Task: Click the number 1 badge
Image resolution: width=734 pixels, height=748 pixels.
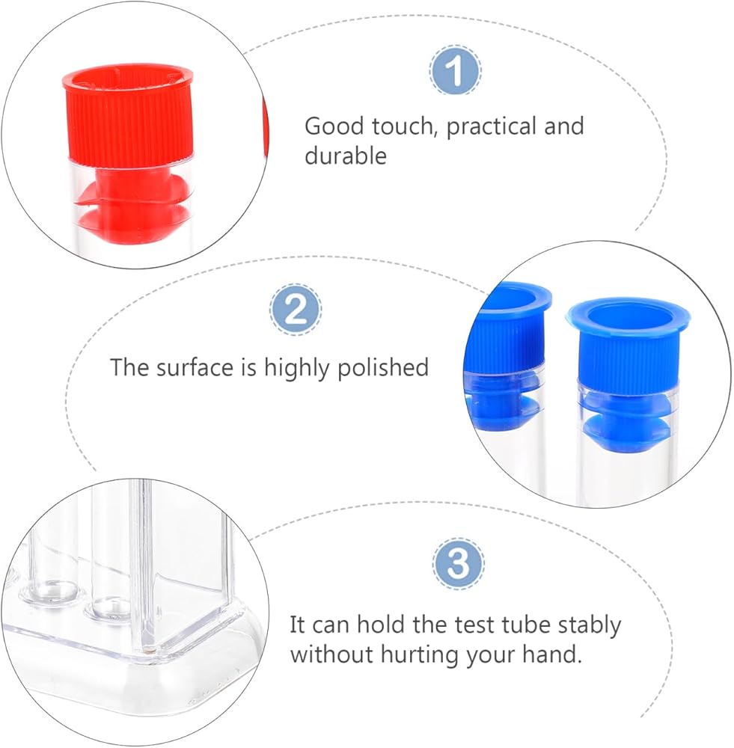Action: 456,70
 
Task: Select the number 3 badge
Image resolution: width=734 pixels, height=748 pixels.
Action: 458,564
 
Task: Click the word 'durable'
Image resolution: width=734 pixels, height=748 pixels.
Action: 346,156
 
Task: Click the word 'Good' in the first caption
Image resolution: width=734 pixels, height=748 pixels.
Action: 334,126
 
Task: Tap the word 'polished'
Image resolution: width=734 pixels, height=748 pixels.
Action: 383,368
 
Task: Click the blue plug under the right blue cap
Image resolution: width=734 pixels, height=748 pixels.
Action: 625,419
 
